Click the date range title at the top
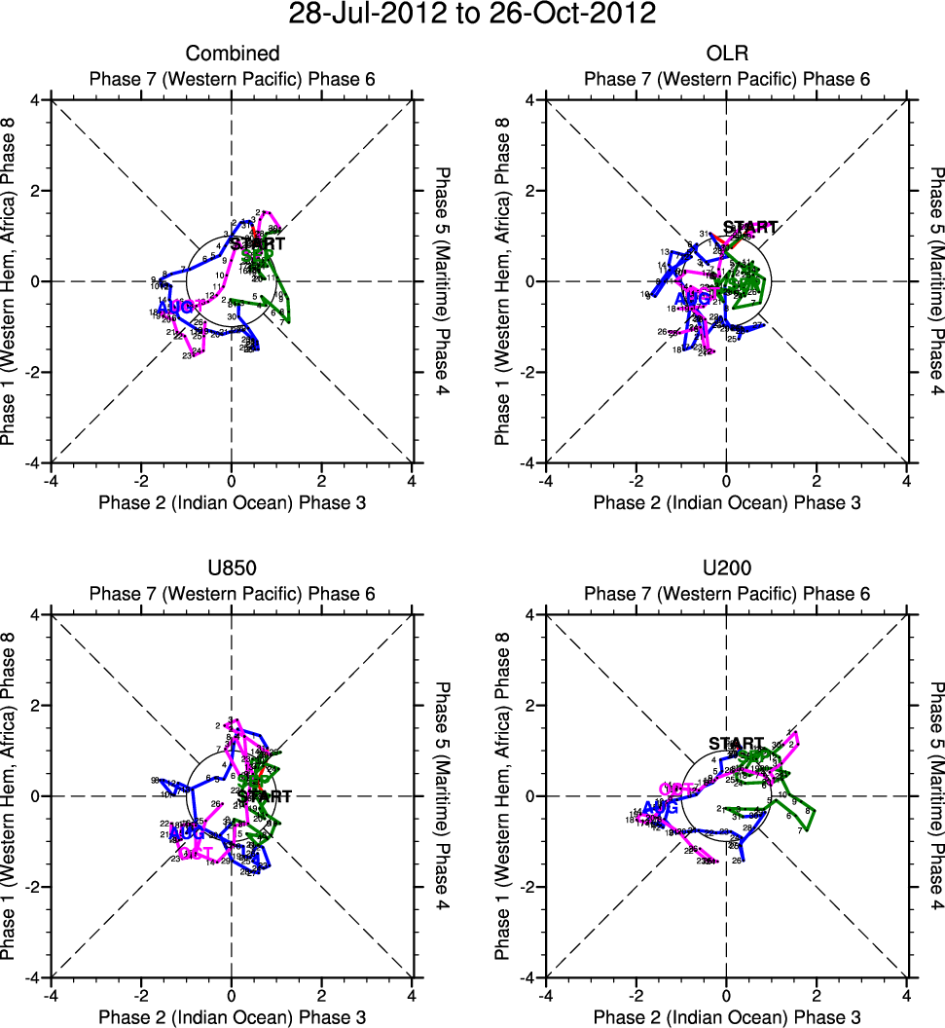coord(472,16)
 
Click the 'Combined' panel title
coord(233,54)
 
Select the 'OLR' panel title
coord(726,54)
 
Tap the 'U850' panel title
coord(232,569)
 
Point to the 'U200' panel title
coord(726,569)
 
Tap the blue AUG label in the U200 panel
coord(661,808)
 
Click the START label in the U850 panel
coord(265,796)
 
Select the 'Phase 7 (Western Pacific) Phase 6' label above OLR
coord(726,79)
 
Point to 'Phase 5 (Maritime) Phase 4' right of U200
coord(936,795)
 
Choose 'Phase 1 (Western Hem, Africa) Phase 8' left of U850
coord(13,795)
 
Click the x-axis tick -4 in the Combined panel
coord(49,480)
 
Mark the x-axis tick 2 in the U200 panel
coord(816,995)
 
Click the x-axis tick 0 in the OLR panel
coord(726,480)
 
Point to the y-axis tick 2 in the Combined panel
coord(36,191)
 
